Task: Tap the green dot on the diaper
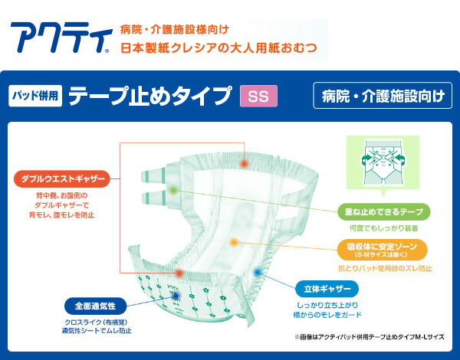[x=174, y=188]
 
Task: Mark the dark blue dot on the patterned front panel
[x=176, y=296]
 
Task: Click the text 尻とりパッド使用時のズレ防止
[x=384, y=268]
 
